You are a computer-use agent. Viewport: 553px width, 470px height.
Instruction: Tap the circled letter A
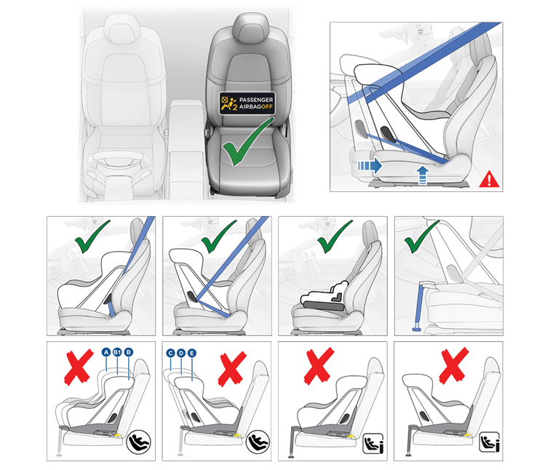106,352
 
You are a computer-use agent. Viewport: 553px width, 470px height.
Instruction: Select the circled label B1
117,352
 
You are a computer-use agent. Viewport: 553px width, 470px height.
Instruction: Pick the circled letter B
129,352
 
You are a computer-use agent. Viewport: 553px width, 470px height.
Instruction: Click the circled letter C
170,352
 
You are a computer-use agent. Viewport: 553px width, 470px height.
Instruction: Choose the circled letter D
180,352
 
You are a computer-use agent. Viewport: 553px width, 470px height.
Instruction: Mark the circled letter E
191,352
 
